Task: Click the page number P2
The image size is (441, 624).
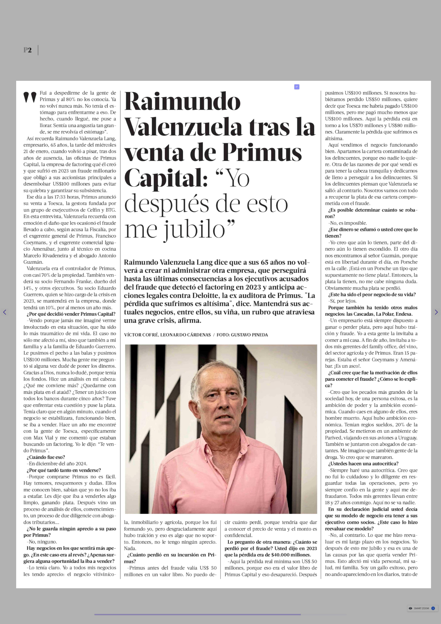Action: point(27,50)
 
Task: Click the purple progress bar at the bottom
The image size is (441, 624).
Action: point(197,614)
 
